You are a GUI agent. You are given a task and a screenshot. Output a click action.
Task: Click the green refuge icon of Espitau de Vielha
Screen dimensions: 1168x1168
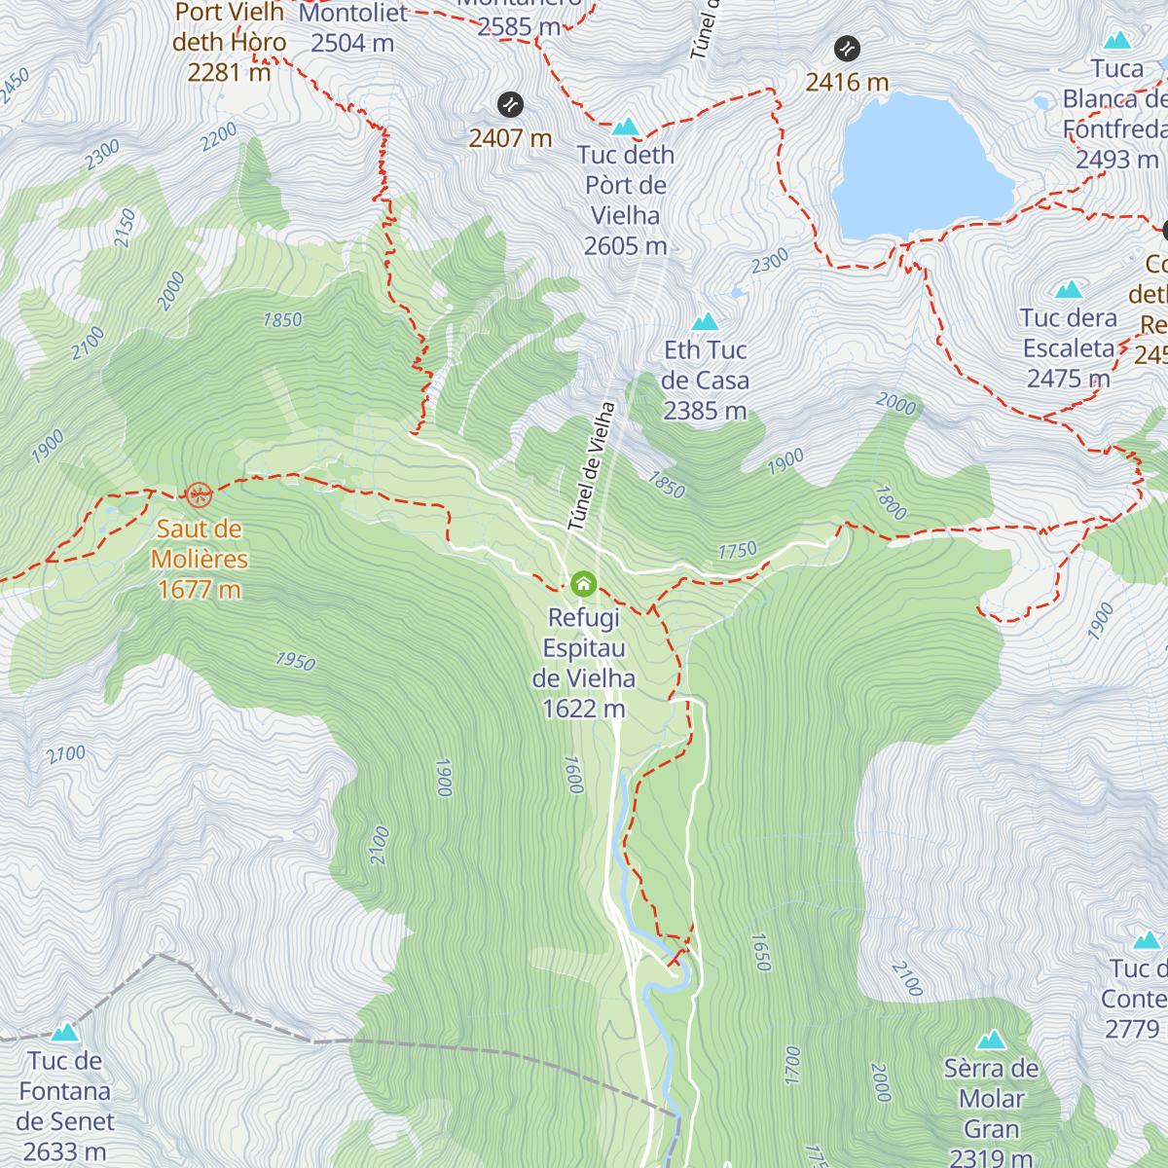click(583, 584)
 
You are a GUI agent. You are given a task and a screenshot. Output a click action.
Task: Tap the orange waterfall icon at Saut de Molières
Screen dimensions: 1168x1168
click(200, 495)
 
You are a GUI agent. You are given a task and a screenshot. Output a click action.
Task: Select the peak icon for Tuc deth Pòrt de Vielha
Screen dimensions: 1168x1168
click(626, 127)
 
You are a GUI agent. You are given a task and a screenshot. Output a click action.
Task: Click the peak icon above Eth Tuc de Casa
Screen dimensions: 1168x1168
click(705, 322)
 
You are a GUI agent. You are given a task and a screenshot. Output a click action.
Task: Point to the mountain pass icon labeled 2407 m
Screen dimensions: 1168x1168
click(510, 104)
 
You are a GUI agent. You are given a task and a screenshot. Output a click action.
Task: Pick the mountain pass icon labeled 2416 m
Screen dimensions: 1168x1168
click(847, 48)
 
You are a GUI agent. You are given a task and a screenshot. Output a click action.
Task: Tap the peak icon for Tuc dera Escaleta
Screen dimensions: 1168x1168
click(1069, 289)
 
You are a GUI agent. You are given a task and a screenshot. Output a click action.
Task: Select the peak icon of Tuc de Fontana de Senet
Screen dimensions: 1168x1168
click(65, 1032)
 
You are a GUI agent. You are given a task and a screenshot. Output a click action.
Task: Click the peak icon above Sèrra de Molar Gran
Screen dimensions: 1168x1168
click(991, 1040)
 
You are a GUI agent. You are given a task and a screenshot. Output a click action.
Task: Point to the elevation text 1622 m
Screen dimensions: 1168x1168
click(583, 709)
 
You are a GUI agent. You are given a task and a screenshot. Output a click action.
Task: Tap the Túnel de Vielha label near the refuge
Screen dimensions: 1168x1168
click(592, 466)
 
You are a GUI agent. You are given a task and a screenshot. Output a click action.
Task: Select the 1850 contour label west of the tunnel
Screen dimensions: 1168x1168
click(282, 319)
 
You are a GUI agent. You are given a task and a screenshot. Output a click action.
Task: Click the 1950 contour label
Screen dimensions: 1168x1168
click(295, 661)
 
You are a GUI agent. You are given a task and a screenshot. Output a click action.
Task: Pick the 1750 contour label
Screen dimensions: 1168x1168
click(738, 551)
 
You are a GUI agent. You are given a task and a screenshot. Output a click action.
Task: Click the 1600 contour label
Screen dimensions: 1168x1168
click(573, 775)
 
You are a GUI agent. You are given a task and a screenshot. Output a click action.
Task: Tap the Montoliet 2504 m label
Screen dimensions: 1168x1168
click(352, 27)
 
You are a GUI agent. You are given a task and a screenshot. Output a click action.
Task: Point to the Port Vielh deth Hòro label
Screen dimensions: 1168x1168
click(230, 42)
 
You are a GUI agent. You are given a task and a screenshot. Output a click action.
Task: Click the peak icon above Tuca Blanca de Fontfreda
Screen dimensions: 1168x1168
click(1117, 40)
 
